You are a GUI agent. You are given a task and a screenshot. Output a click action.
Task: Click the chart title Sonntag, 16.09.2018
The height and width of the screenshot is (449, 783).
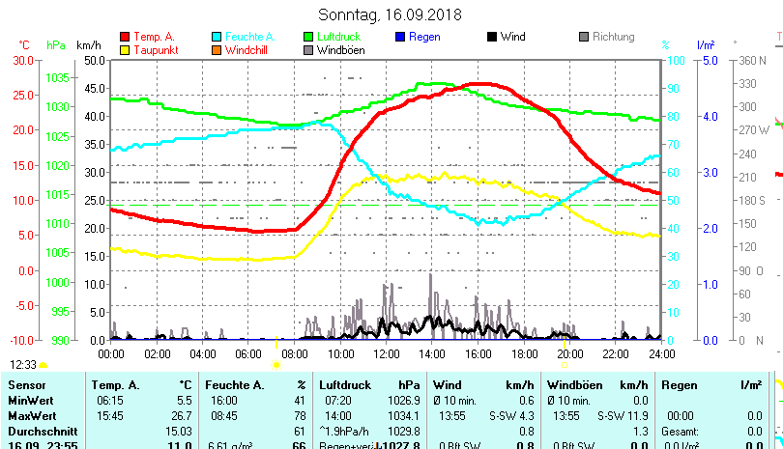click(391, 14)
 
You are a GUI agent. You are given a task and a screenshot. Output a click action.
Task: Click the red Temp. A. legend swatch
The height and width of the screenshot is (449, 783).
click(125, 37)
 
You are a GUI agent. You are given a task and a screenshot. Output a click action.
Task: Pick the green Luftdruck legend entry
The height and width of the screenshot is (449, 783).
click(338, 37)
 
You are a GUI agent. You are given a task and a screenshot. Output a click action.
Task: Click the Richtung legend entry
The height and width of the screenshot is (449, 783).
click(613, 37)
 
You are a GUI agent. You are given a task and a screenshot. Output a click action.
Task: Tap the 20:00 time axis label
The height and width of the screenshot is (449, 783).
click(569, 354)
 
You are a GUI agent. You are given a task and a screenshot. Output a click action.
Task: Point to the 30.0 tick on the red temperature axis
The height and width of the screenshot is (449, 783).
click(23, 60)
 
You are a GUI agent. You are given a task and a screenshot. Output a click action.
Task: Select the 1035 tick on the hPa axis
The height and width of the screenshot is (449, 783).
click(57, 77)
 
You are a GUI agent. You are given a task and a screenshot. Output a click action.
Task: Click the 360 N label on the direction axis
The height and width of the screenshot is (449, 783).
click(753, 60)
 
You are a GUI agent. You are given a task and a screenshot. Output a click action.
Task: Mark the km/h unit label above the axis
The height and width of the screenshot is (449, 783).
click(88, 45)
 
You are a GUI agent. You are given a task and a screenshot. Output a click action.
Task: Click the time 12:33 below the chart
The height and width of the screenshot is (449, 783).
click(23, 365)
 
